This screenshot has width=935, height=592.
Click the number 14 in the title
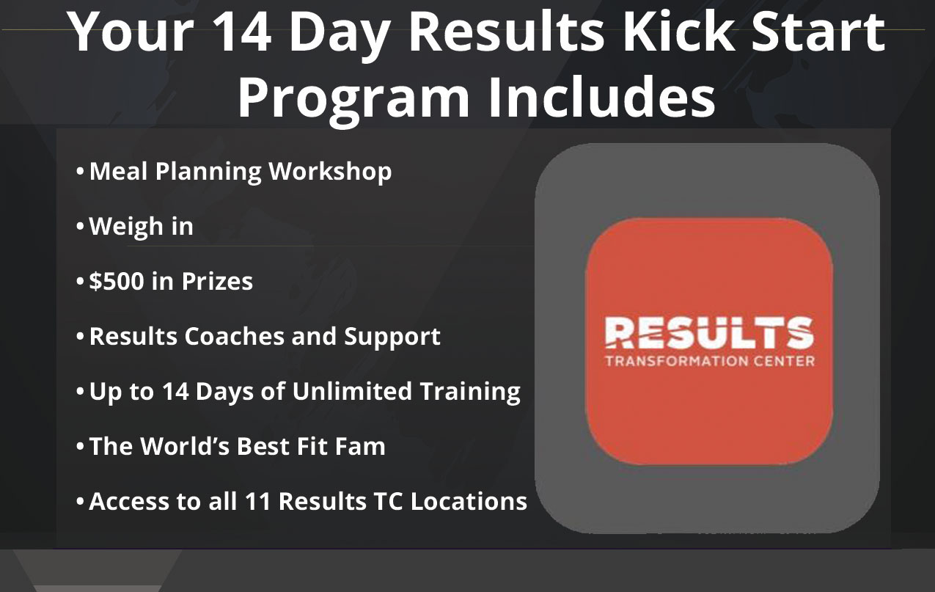coord(243,32)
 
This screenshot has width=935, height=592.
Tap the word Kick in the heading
coord(679,32)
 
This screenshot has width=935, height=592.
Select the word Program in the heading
coord(353,99)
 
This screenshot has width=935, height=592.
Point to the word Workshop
coord(330,172)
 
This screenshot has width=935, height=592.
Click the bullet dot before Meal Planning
coord(80,172)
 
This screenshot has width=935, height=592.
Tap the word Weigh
coord(126,227)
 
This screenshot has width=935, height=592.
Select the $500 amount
coord(117,280)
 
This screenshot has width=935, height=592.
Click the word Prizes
coord(217,281)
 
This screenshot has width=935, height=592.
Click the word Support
coord(392,337)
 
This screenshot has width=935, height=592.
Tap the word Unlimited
coord(352,391)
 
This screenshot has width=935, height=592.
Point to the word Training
coord(470,392)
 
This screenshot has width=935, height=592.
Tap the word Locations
coord(469,501)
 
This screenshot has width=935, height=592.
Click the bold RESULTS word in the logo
coord(709,332)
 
